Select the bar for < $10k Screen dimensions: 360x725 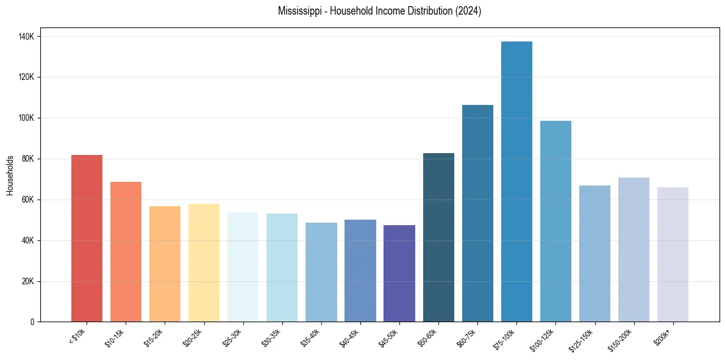point(87,238)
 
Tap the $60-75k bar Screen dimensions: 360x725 point(477,213)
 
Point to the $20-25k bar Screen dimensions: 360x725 point(204,262)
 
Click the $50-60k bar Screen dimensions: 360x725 point(438,237)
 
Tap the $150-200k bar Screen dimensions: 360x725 point(634,250)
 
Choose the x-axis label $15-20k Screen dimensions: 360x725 point(155,336)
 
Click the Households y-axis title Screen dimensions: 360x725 point(10,175)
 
